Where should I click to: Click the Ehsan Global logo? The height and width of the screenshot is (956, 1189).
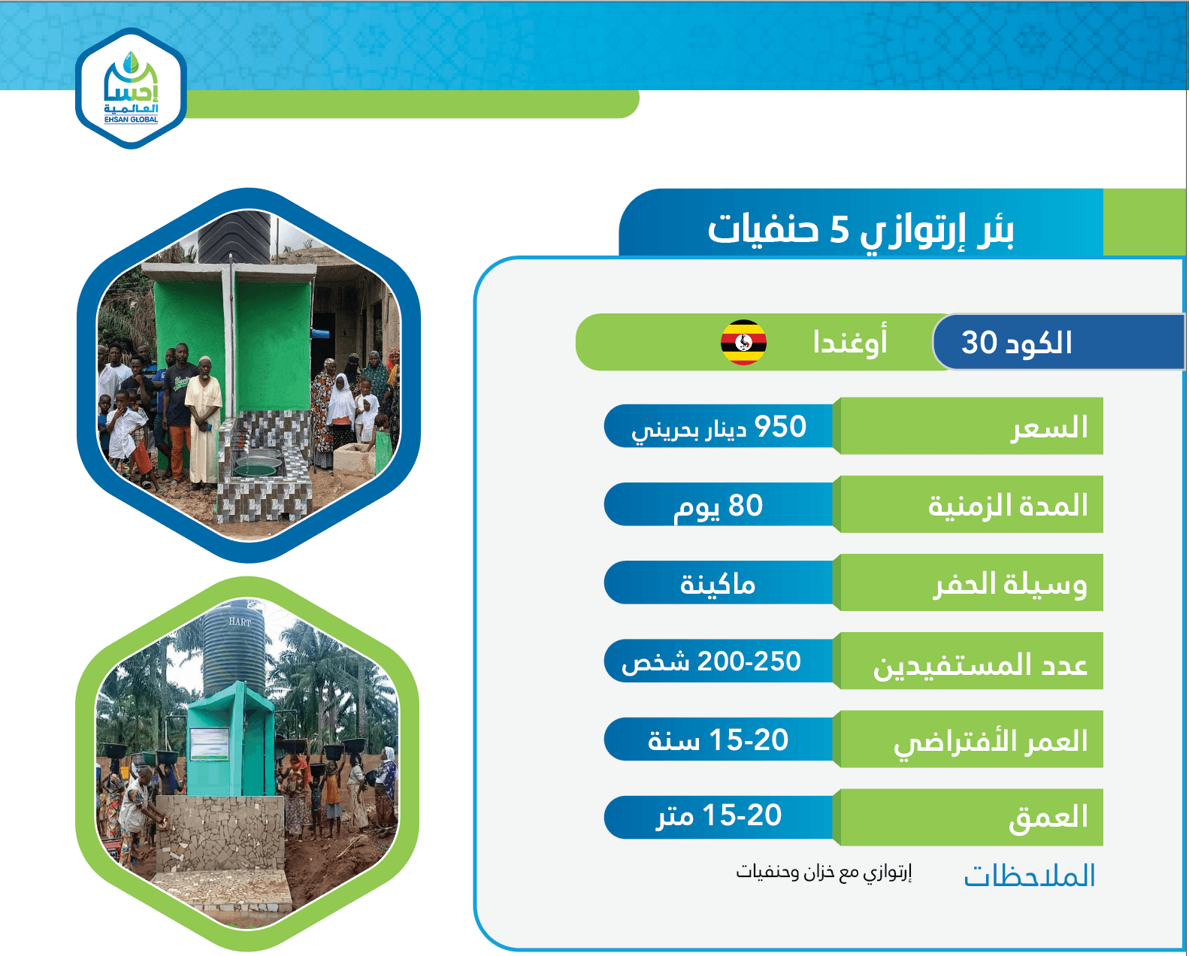pyautogui.click(x=132, y=89)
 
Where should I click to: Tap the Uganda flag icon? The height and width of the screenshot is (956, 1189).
pyautogui.click(x=743, y=343)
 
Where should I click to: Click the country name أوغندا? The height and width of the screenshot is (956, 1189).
pyautogui.click(x=850, y=343)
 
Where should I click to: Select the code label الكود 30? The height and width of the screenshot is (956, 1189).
pyautogui.click(x=1017, y=343)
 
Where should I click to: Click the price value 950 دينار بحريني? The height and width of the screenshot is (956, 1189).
pyautogui.click(x=719, y=427)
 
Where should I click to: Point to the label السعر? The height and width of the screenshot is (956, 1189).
pyautogui.click(x=1049, y=427)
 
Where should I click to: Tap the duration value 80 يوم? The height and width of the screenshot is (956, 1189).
pyautogui.click(x=719, y=506)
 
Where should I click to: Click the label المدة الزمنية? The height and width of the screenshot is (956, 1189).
pyautogui.click(x=1008, y=505)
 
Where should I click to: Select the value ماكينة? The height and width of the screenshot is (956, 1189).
pyautogui.click(x=718, y=584)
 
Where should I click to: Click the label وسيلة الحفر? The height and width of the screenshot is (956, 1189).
pyautogui.click(x=1010, y=584)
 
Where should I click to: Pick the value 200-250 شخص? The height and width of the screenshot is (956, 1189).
pyautogui.click(x=711, y=662)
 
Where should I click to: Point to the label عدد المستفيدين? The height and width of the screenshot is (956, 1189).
pyautogui.click(x=980, y=664)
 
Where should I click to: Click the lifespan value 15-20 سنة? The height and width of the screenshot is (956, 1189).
pyautogui.click(x=718, y=740)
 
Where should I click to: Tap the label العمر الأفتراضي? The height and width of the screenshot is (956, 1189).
pyautogui.click(x=991, y=742)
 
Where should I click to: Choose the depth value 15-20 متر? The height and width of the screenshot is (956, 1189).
pyautogui.click(x=719, y=816)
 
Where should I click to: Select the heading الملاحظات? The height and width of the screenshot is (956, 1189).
pyautogui.click(x=1029, y=876)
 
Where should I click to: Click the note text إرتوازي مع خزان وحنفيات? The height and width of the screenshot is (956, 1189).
pyautogui.click(x=824, y=873)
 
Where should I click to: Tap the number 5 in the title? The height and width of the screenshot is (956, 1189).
pyautogui.click(x=839, y=229)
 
